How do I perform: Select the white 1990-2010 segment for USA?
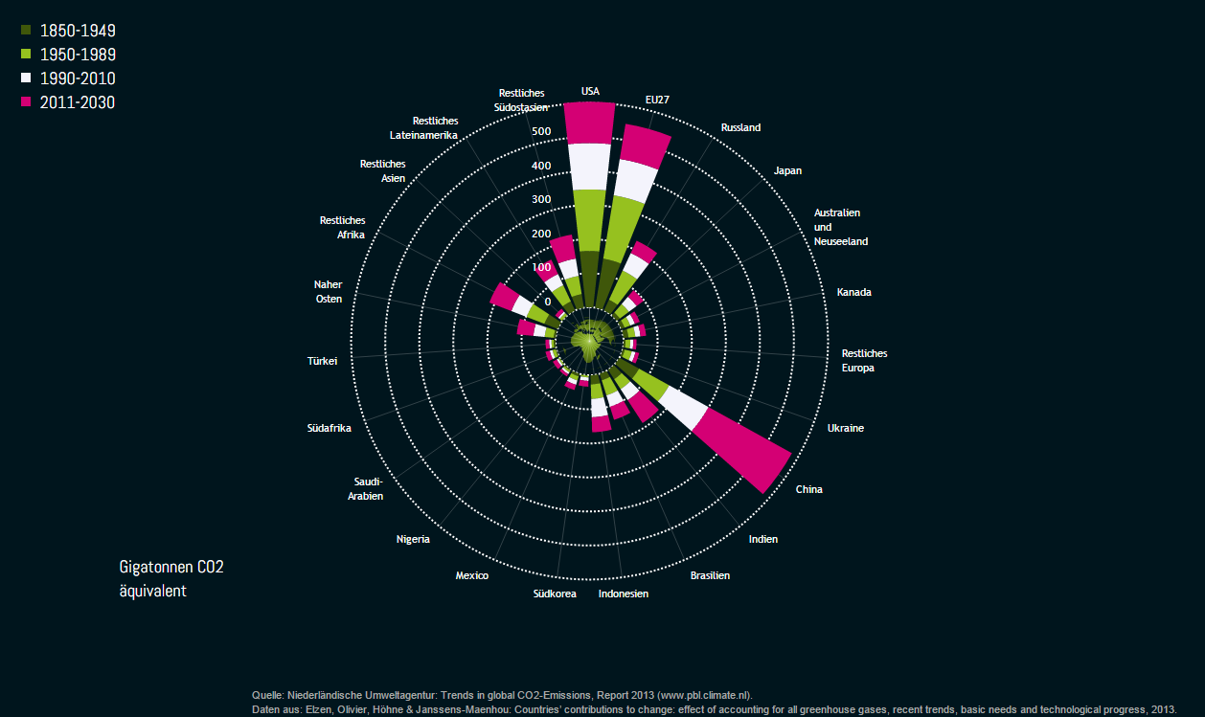pyautogui.click(x=588, y=167)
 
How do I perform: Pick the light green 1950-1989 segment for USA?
pyautogui.click(x=589, y=220)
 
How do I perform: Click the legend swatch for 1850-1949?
pyautogui.click(x=26, y=31)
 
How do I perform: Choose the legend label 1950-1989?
pyautogui.click(x=78, y=55)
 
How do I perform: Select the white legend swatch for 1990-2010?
pyautogui.click(x=26, y=78)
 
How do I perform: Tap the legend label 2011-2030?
pyautogui.click(x=78, y=102)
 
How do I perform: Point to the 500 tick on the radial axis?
pyautogui.click(x=541, y=131)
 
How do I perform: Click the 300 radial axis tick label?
pyautogui.click(x=541, y=200)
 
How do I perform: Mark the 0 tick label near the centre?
pyautogui.click(x=548, y=302)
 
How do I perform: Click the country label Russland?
pyautogui.click(x=740, y=127)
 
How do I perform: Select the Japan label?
pyautogui.click(x=787, y=171)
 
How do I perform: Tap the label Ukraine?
pyautogui.click(x=845, y=428)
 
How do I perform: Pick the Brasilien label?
pyautogui.click(x=710, y=575)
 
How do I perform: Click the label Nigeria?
pyautogui.click(x=413, y=539)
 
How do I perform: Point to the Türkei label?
pyautogui.click(x=323, y=362)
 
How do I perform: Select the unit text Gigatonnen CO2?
pyautogui.click(x=171, y=567)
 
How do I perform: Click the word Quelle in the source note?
pyautogui.click(x=267, y=694)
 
